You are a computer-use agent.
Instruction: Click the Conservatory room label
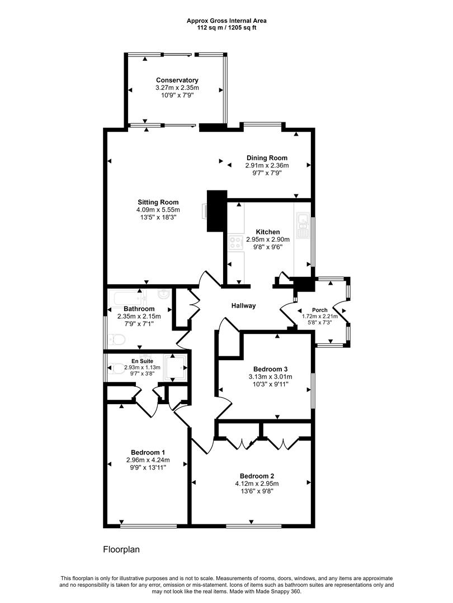click(177, 80)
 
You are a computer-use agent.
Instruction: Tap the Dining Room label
click(267, 157)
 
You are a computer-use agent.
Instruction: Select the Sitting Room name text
click(158, 202)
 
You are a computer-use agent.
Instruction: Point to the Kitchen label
click(268, 232)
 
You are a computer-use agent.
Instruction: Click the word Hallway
click(243, 306)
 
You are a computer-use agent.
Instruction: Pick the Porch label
click(320, 310)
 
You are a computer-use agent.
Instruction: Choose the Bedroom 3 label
click(271, 369)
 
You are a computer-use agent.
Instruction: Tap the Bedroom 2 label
click(257, 476)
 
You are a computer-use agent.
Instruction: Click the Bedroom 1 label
click(148, 452)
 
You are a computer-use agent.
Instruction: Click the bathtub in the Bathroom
click(128, 298)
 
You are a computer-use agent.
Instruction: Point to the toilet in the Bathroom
click(116, 339)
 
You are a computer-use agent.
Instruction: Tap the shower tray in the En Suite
click(175, 367)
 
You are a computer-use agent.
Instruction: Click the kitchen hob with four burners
click(236, 243)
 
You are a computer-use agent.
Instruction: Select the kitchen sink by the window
click(303, 226)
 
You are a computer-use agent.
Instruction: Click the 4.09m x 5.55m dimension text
click(158, 210)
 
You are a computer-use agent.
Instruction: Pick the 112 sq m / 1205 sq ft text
click(226, 27)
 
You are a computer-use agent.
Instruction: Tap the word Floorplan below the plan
click(121, 549)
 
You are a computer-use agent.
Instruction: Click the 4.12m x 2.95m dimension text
click(257, 484)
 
